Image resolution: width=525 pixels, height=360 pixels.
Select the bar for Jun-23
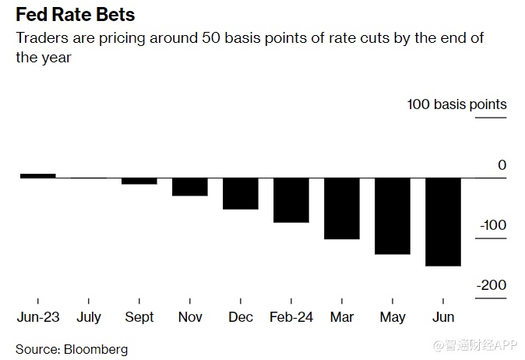point(37,175)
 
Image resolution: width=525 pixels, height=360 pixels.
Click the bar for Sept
point(139,181)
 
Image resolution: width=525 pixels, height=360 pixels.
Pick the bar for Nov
point(189,187)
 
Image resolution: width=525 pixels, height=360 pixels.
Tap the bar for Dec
point(240,193)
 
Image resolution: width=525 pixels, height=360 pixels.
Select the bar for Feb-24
point(291,200)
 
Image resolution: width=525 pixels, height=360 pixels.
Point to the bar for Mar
point(341,209)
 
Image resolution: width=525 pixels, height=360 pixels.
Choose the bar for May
point(393,216)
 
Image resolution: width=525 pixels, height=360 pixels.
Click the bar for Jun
point(442,222)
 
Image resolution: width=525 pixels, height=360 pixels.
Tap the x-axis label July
point(89,317)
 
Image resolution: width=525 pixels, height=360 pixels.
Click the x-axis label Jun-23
point(37,317)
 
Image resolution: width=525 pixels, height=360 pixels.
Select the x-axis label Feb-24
point(291,317)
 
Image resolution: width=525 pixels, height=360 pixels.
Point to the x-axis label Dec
point(240,317)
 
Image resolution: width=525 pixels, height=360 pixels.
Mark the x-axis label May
point(393,317)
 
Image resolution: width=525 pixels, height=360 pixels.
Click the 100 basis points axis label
point(456,104)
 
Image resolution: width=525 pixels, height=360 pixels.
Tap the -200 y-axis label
point(492,285)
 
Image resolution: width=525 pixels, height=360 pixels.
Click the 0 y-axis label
point(502,165)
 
